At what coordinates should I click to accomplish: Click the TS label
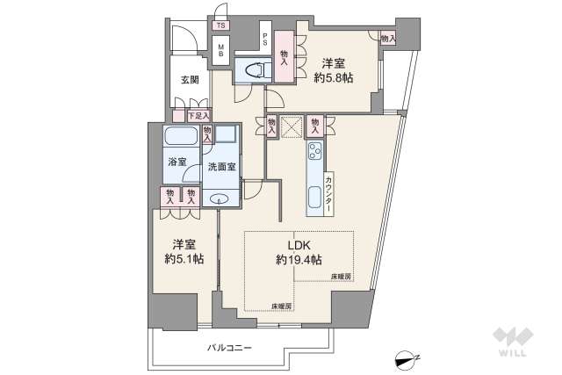(220, 25)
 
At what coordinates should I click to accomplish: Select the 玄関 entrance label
(190, 80)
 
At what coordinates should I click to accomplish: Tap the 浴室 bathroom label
(178, 162)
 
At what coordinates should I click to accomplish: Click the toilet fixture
(258, 69)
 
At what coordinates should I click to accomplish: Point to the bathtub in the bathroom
(181, 137)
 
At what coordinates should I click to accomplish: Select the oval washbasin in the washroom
(219, 199)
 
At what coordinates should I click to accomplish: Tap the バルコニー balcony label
(229, 348)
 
